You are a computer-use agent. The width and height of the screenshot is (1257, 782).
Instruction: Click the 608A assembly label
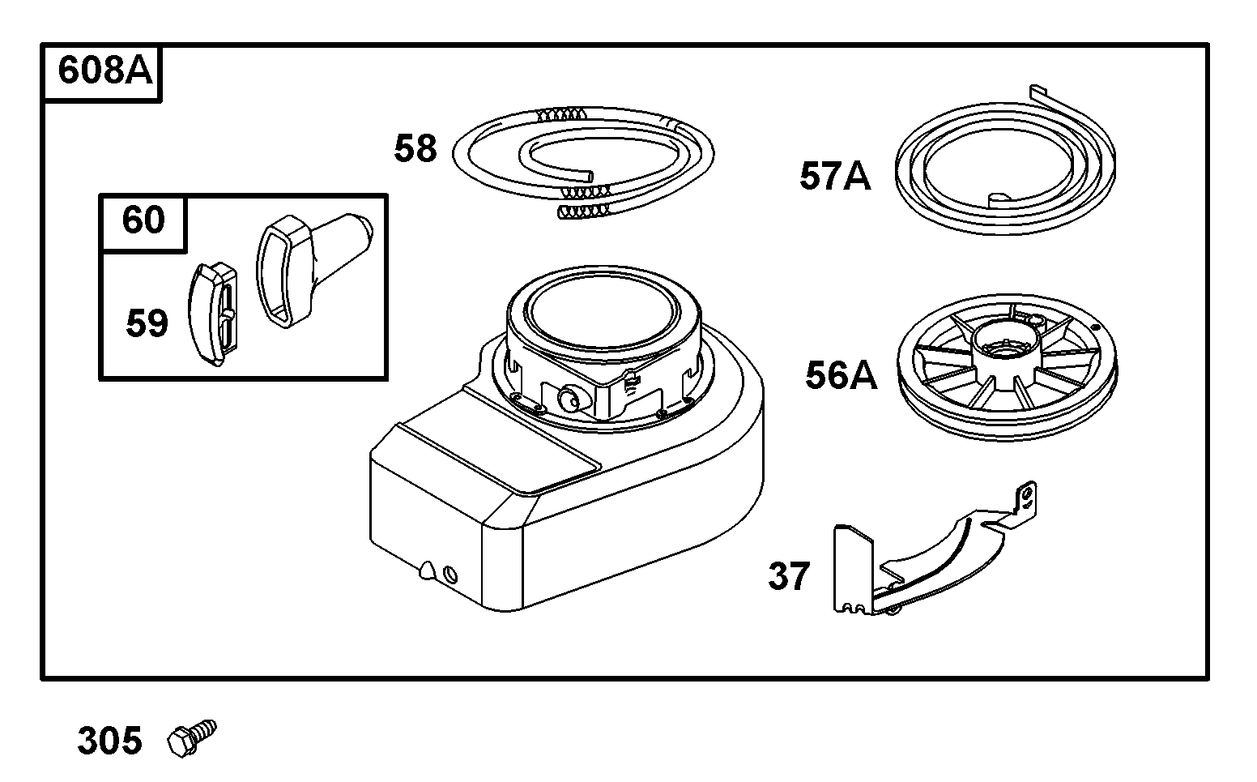pyautogui.click(x=104, y=72)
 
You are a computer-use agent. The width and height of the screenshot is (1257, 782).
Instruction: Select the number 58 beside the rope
pyautogui.click(x=415, y=149)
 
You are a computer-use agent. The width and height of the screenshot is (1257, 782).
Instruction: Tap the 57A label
pyautogui.click(x=835, y=176)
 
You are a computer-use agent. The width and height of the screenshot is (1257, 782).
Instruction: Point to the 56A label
pyautogui.click(x=841, y=375)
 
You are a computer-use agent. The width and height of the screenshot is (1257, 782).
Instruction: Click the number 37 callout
pyautogui.click(x=789, y=576)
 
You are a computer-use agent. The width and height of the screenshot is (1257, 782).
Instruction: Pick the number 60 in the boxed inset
pyautogui.click(x=143, y=220)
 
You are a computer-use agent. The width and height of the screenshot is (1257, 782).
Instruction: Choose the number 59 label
pyautogui.click(x=147, y=323)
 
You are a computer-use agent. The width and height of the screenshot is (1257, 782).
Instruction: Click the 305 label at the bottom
pyautogui.click(x=109, y=741)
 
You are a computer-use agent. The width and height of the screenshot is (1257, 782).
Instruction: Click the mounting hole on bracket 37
pyautogui.click(x=1028, y=492)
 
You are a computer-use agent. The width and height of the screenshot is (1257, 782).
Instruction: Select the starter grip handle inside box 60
pyautogui.click(x=304, y=259)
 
